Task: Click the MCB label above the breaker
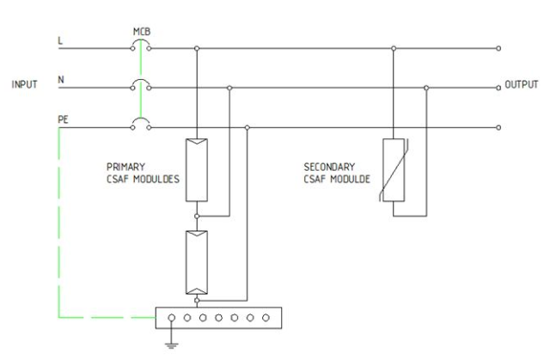coord(141,33)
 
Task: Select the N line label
coord(59,80)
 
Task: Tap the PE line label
coord(62,120)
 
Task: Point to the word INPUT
coord(24,86)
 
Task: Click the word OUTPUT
coord(520,87)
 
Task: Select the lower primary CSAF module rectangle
coord(197,262)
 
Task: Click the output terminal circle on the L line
coord(498,48)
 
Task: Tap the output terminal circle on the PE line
coord(498,127)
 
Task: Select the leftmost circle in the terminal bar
coord(172,316)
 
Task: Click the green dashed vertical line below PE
coord(58,223)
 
